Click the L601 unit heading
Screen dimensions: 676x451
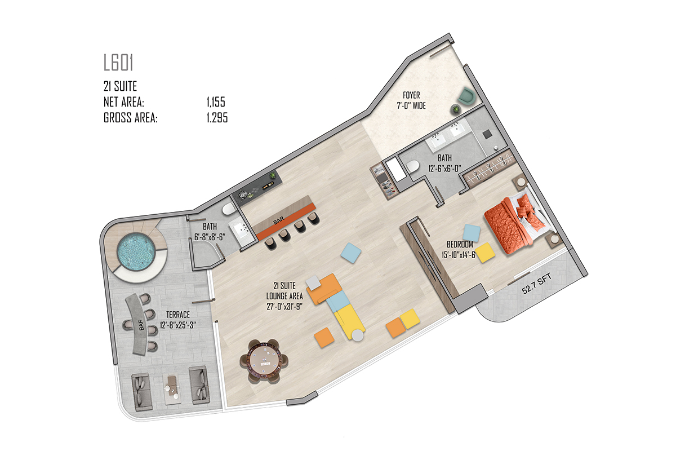click(x=118, y=63)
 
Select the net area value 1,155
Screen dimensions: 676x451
click(x=216, y=102)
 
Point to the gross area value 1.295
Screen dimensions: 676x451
click(x=217, y=117)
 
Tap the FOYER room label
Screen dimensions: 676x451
click(x=411, y=95)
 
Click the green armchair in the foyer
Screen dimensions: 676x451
click(x=466, y=96)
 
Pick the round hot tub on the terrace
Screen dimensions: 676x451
click(x=136, y=251)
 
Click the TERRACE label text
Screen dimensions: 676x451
click(x=178, y=315)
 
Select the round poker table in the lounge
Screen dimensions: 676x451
click(x=264, y=361)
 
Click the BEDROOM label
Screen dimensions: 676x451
click(x=460, y=244)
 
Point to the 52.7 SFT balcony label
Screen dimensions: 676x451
click(x=537, y=284)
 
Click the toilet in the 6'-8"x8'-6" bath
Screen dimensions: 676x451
click(x=229, y=209)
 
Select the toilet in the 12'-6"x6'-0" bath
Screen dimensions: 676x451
click(x=413, y=166)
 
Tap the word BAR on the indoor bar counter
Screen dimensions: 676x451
click(x=278, y=220)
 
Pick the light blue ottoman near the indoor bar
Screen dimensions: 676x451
click(x=351, y=253)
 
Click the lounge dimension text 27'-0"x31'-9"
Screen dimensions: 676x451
click(x=284, y=306)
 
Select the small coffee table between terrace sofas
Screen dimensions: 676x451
click(x=172, y=389)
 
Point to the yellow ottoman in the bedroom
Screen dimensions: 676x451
click(x=485, y=252)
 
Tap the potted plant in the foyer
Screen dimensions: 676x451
click(x=456, y=109)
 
